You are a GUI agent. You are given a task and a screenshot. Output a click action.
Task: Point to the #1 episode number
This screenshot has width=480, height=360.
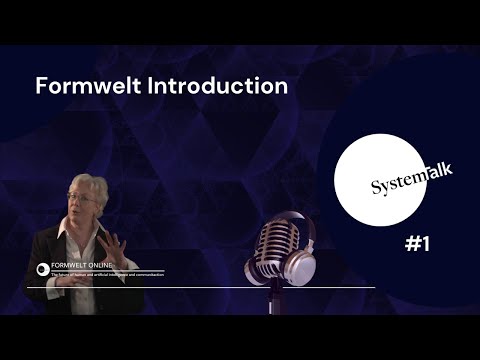[x=417, y=243]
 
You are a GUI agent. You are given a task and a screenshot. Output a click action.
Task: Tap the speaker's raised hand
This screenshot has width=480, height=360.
[x=113, y=246]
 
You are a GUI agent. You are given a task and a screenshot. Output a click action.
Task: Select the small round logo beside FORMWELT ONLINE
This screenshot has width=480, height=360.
[x=43, y=269]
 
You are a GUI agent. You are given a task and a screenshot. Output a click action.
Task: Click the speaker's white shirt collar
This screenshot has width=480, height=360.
[x=72, y=240]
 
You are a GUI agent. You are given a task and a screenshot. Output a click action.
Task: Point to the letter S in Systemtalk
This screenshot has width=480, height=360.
[x=376, y=187]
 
